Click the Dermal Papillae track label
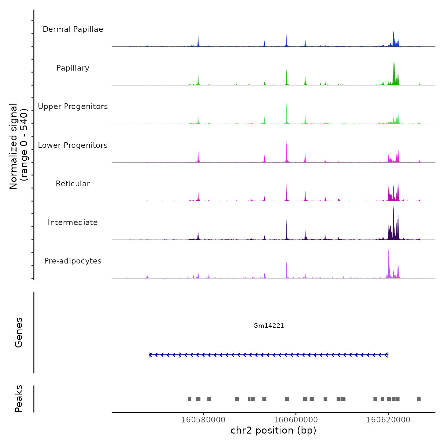73,29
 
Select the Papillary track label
73,68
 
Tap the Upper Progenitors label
73,106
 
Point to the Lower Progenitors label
73,145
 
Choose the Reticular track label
73,184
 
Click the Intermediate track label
73,222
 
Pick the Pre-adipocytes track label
73,261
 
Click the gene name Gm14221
269,325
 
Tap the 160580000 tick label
203,420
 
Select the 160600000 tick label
296,420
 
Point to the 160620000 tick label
388,420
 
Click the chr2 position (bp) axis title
273,430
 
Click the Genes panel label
19,332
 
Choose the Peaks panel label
19,399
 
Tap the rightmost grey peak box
419,399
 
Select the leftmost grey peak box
189,399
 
